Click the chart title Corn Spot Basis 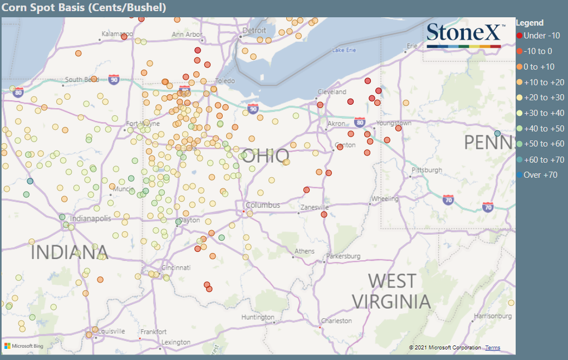(84, 8)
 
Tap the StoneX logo (466, 36)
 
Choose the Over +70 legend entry (537, 175)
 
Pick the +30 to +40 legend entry (540, 113)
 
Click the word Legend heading (530, 23)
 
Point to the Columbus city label (263, 205)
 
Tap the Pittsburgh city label (427, 170)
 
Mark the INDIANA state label (69, 252)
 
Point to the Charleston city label (336, 321)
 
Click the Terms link (492, 348)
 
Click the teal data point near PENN (497, 133)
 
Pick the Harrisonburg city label (492, 317)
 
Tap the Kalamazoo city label (116, 34)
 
